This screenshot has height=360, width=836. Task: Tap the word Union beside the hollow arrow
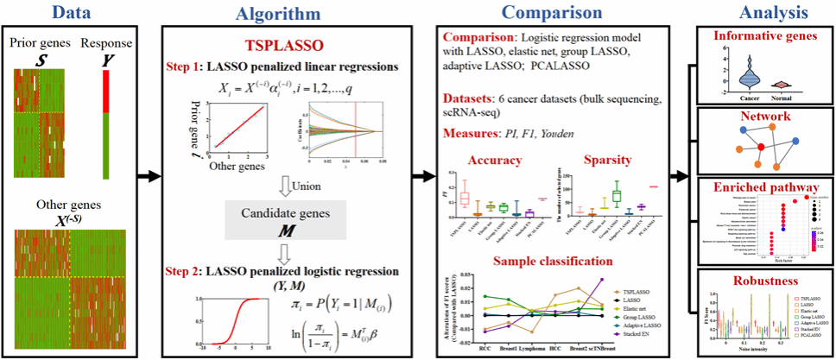[308, 184]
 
